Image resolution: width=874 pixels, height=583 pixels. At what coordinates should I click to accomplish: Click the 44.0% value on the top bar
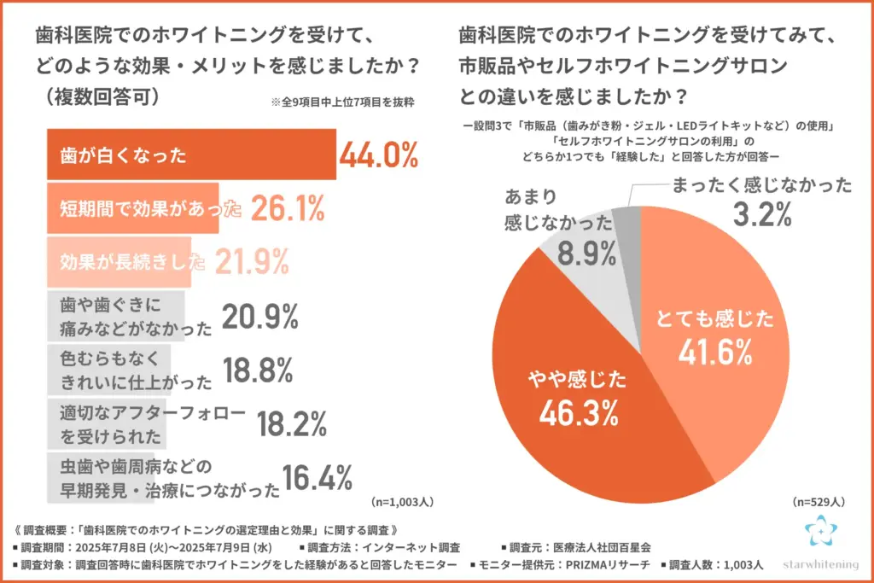(x=379, y=156)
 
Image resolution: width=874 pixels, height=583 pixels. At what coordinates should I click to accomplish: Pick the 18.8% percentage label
(x=259, y=370)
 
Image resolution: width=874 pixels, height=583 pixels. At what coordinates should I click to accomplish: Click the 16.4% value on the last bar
(x=318, y=478)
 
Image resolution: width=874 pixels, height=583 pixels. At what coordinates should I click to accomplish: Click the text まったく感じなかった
(x=760, y=185)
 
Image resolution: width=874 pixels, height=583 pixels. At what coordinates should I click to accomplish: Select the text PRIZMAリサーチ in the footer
(x=603, y=565)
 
